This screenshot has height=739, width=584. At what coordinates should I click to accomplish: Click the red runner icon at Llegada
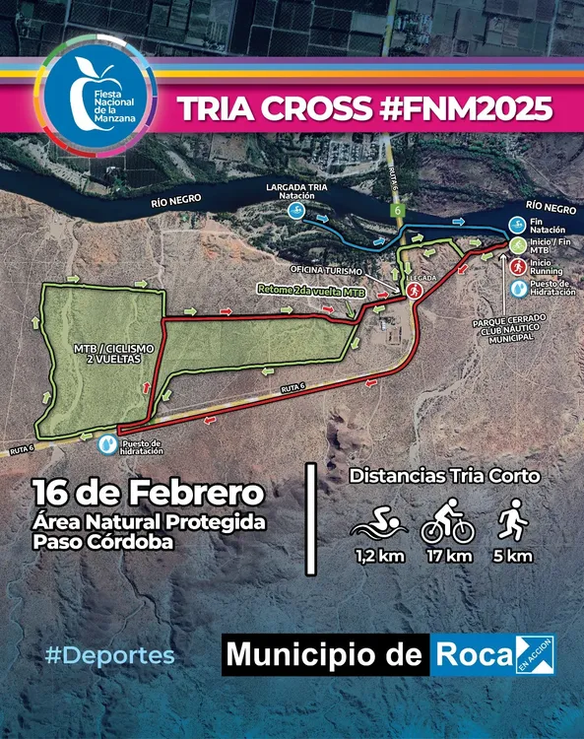(x=415, y=292)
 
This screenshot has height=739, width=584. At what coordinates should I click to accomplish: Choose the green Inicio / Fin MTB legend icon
(x=517, y=244)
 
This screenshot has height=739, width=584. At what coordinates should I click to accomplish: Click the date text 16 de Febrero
(x=148, y=491)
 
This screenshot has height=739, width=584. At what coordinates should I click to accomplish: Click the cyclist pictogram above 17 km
(x=448, y=523)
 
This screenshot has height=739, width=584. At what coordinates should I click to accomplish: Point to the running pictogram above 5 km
(x=511, y=522)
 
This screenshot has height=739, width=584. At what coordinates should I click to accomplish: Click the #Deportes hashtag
(x=109, y=655)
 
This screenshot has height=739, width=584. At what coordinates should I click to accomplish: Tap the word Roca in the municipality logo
(x=471, y=655)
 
